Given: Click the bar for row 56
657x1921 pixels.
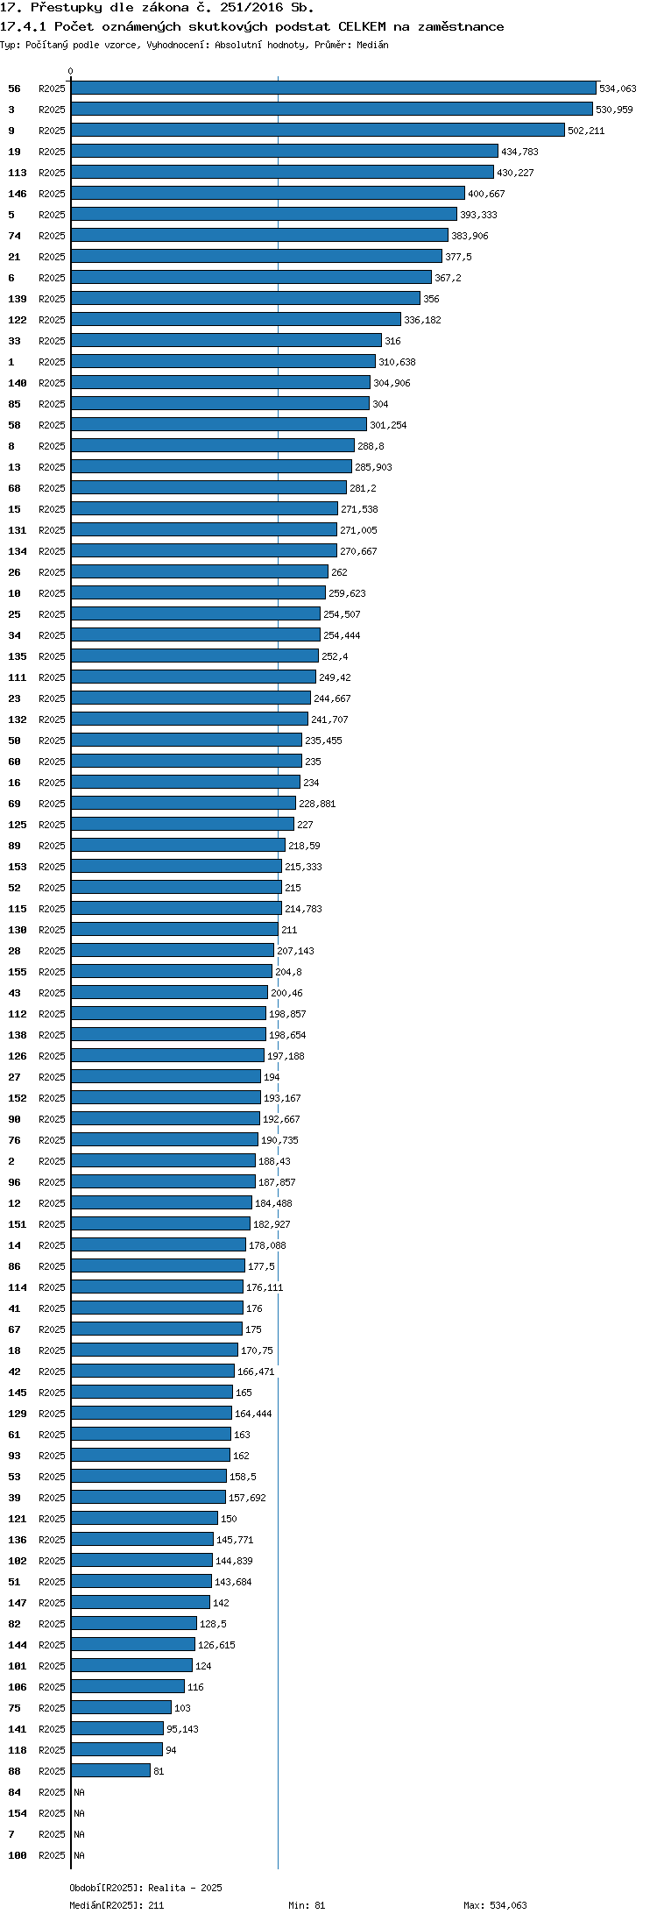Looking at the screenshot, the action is (x=334, y=88).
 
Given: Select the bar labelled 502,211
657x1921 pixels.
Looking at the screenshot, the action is (x=318, y=130).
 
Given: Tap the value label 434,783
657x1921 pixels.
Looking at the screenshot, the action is (x=519, y=152).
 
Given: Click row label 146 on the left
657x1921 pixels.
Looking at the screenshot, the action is (x=18, y=194).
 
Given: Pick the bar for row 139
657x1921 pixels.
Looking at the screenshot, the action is (x=245, y=298).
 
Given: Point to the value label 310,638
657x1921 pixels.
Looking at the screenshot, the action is (x=397, y=362).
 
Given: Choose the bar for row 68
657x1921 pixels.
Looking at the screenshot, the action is (x=208, y=487).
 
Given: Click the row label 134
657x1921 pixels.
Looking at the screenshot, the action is (x=18, y=551).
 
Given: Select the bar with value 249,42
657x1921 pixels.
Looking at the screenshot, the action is (x=194, y=677).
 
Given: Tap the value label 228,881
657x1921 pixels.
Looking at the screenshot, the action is (x=317, y=804).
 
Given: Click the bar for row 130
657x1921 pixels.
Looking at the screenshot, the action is (x=174, y=929).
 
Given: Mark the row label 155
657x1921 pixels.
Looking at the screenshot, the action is (x=18, y=972).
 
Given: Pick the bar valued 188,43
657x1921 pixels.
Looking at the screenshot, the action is (x=163, y=1160).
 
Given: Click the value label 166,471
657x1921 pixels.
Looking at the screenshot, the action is (x=256, y=1372).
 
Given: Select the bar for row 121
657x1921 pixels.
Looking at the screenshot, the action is (x=145, y=1518).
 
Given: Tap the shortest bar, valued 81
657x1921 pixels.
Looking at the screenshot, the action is (x=110, y=1770).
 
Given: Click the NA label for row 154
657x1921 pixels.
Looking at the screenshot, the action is (x=79, y=1813).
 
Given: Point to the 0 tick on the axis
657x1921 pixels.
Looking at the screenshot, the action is (x=71, y=71).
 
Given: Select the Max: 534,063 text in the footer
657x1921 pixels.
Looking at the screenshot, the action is (x=495, y=1905).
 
